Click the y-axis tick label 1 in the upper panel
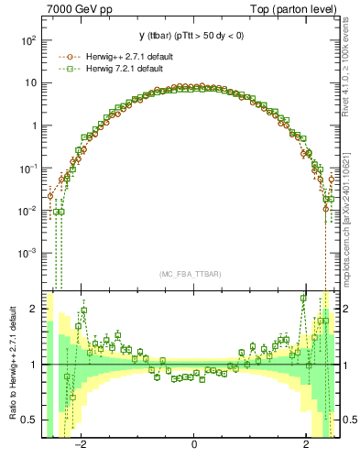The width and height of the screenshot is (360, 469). point(34,126)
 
